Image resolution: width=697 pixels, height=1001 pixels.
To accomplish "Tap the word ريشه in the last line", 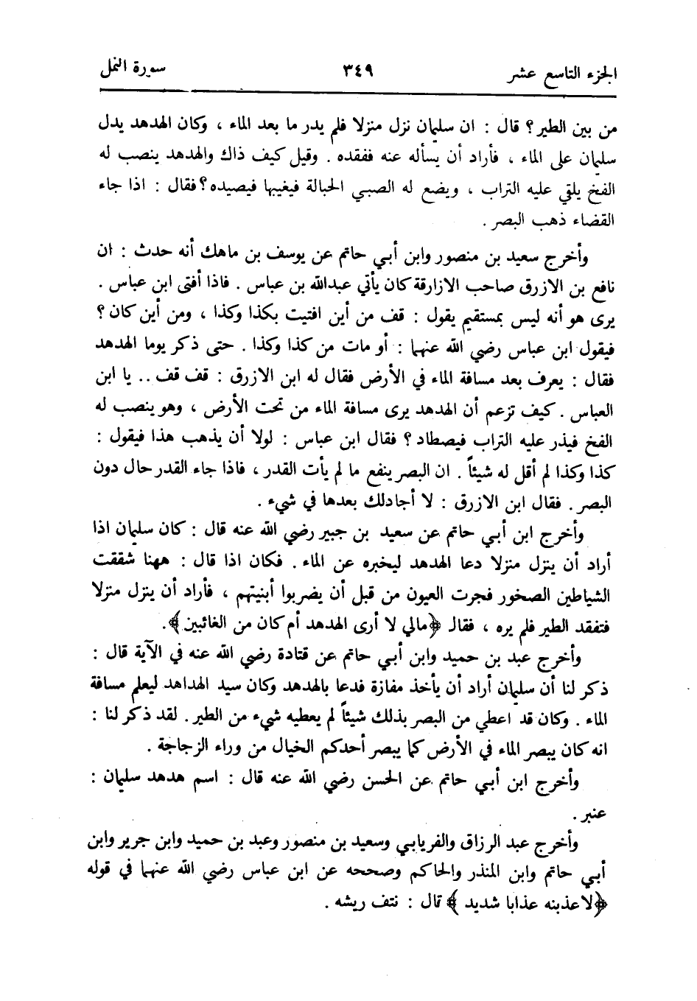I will point(346,902).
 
